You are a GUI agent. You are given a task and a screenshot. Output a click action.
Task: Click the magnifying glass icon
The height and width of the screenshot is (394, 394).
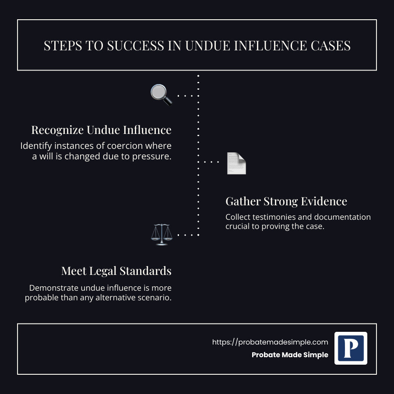[161, 95]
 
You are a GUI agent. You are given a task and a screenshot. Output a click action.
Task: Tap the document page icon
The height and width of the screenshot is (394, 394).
[236, 163]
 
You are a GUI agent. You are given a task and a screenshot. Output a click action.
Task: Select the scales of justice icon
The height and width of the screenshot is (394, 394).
[161, 235]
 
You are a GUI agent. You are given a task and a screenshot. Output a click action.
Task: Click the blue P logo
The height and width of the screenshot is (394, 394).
[351, 348]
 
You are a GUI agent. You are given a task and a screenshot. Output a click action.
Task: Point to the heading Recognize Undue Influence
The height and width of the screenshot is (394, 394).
[101, 130]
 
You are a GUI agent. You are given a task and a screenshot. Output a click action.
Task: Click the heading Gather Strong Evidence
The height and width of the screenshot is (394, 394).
[286, 201]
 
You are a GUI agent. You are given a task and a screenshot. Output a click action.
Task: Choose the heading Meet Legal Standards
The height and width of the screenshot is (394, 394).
[116, 271]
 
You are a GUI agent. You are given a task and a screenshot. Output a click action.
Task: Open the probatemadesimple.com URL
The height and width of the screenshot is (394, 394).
[270, 342]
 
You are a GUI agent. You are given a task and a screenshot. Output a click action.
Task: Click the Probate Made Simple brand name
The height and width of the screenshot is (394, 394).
[290, 355]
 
